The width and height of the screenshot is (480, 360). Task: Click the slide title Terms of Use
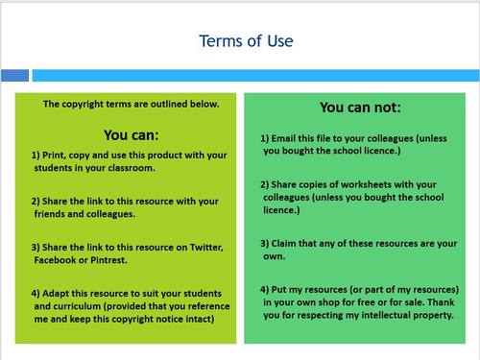pyautogui.click(x=246, y=40)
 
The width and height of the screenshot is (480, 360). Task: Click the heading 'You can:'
pyautogui.click(x=132, y=134)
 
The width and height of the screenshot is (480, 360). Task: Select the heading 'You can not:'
pyautogui.click(x=360, y=108)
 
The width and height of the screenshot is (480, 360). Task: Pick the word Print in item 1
pyautogui.click(x=59, y=155)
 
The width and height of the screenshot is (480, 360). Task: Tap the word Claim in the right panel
pyautogui.click(x=288, y=243)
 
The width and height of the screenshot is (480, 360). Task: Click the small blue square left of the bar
pyautogui.click(x=14, y=75)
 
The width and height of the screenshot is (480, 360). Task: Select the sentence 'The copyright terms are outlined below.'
pyautogui.click(x=132, y=104)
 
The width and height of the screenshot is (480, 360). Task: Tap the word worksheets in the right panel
pyautogui.click(x=375, y=183)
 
